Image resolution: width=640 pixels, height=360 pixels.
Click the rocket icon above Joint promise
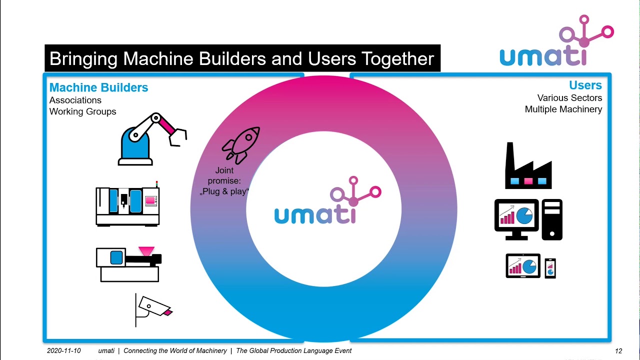(241, 145)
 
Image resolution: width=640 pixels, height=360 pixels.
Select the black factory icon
(528, 167)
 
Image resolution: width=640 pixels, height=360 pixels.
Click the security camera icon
(153, 309)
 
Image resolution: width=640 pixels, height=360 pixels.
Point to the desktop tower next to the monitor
(551, 219)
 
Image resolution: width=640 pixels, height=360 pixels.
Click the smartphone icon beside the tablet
(550, 268)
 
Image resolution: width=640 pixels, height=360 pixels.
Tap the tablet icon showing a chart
(523, 265)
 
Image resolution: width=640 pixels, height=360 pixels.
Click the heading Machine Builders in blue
(98, 87)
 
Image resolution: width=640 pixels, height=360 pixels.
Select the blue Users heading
(585, 85)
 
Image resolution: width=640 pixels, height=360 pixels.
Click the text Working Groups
(82, 111)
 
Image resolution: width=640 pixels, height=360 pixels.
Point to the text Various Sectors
(569, 98)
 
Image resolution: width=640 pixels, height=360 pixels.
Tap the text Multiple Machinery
(563, 109)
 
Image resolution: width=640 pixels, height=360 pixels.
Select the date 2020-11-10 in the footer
(63, 351)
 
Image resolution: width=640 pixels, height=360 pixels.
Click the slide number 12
(618, 351)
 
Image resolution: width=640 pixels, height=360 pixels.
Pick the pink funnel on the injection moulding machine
(146, 250)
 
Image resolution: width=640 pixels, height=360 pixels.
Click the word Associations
(75, 100)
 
